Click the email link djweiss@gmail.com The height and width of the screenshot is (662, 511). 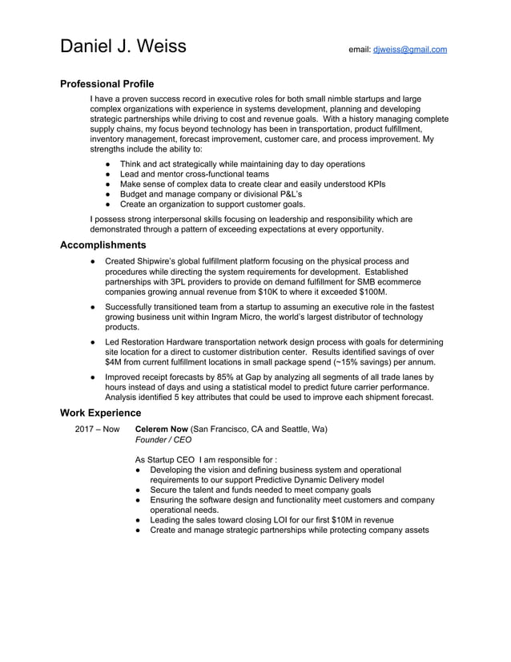coord(409,50)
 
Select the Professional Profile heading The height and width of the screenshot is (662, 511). coord(107,84)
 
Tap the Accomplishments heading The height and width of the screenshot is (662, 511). coord(103,245)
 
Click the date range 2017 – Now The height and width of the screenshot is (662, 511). coord(97,429)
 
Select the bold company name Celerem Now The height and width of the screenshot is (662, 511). coord(161,429)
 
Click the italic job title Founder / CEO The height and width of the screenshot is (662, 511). coord(163,440)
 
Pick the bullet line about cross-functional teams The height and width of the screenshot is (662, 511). coord(195,174)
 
